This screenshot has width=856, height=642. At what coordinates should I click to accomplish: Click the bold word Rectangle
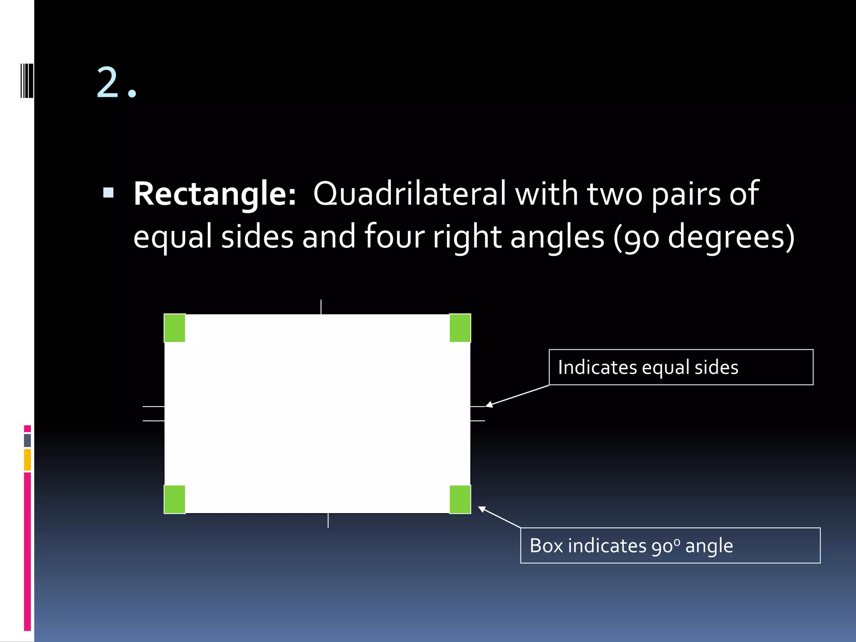click(x=214, y=194)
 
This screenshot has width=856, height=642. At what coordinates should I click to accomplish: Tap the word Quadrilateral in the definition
click(x=410, y=194)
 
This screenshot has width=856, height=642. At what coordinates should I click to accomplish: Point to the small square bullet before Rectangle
click(x=108, y=192)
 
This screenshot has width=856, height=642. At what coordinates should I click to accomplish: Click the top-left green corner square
click(x=175, y=328)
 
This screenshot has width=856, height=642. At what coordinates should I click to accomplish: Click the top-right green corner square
click(x=460, y=328)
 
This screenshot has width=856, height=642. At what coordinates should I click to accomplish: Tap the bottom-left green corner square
click(x=175, y=499)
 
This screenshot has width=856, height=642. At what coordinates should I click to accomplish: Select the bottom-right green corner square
click(x=460, y=499)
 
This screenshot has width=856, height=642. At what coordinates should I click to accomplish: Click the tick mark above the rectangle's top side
click(x=321, y=307)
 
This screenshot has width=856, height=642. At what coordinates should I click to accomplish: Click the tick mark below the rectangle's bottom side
click(x=328, y=520)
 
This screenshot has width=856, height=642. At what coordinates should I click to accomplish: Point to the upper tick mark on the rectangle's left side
click(x=153, y=406)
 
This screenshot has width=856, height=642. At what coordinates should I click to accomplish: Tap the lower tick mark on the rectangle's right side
click(x=478, y=420)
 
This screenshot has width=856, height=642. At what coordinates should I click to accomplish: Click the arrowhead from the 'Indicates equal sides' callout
click(x=488, y=405)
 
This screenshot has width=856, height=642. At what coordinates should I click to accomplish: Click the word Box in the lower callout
click(x=546, y=546)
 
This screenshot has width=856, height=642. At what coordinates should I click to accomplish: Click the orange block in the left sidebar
click(x=28, y=460)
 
